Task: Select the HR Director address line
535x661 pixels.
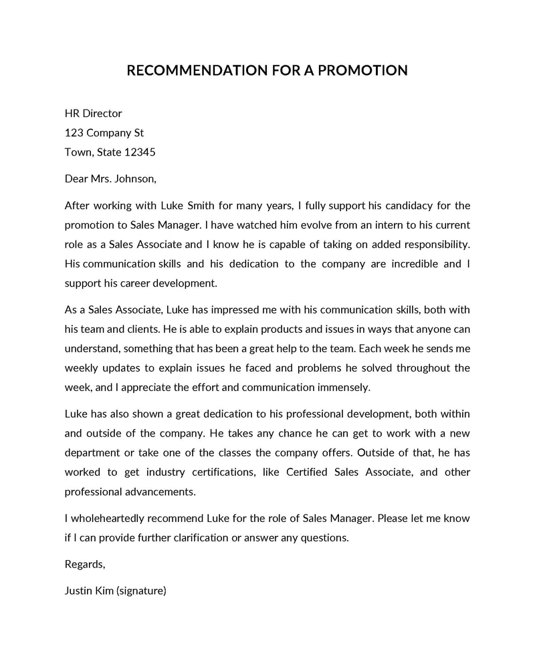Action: click(x=93, y=114)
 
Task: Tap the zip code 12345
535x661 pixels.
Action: click(x=140, y=152)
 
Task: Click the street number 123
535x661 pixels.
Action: click(x=74, y=132)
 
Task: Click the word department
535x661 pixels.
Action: click(x=92, y=452)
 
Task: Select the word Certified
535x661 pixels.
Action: click(x=306, y=472)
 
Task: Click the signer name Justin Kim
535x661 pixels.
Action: click(x=89, y=590)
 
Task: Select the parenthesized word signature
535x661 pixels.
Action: click(x=141, y=590)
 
